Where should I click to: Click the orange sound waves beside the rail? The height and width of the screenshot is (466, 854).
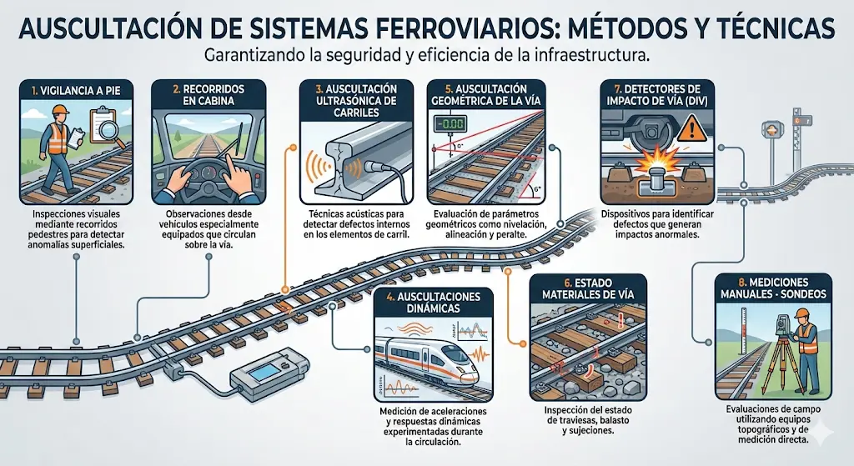tap(317, 166)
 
